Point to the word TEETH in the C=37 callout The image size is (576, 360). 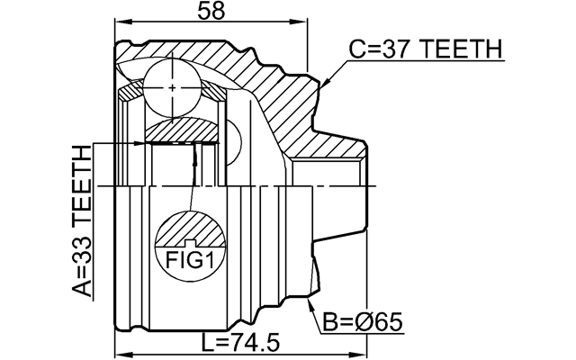tap(461, 50)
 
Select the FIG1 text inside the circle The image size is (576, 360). tap(189, 260)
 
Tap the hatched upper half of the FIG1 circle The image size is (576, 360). tap(189, 229)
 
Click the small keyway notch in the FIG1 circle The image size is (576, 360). tap(189, 244)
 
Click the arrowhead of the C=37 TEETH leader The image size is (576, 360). tap(322, 86)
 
